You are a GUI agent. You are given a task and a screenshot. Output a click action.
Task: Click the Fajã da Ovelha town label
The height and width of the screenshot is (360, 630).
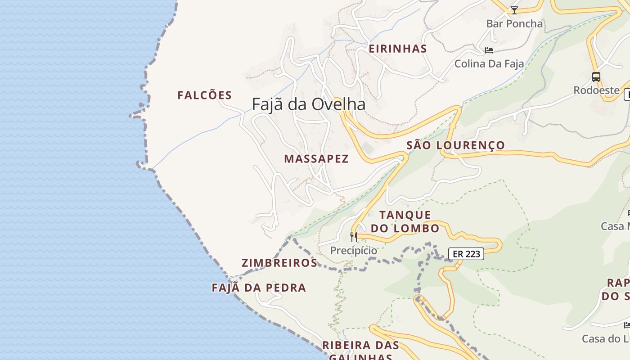[308, 104]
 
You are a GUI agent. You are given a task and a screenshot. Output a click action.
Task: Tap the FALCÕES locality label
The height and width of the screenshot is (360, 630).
[204, 95]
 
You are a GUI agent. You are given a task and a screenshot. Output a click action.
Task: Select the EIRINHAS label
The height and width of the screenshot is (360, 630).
[398, 49]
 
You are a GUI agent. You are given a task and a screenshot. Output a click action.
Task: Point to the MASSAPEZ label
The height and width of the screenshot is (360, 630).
[316, 159]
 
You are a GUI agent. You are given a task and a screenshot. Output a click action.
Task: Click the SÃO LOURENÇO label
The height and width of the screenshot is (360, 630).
[455, 145]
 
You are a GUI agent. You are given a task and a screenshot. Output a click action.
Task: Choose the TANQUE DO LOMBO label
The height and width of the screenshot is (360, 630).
[405, 221]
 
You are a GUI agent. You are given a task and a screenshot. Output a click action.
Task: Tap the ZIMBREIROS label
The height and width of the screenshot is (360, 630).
[279, 263]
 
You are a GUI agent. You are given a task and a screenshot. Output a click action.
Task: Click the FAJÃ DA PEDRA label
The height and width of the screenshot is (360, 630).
[259, 288]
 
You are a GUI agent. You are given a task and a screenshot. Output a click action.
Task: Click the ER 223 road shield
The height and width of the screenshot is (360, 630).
[466, 254]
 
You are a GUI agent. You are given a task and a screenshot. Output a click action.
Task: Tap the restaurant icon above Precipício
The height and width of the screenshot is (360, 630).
[354, 237]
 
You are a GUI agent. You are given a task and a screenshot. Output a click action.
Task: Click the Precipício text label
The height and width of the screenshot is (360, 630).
[354, 251]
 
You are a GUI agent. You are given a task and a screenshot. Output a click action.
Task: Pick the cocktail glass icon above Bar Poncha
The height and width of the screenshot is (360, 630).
[514, 10]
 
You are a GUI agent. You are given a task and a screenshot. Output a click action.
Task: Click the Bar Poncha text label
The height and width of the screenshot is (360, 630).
[514, 24]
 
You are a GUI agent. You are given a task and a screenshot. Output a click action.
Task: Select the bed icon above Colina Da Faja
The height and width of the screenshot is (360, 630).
[489, 50]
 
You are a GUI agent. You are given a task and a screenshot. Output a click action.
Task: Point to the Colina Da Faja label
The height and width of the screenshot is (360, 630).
[489, 64]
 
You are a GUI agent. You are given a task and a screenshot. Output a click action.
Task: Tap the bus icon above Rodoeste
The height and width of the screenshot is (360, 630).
[596, 77]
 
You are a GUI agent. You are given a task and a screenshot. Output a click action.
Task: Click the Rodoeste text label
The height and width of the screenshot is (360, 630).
[596, 90]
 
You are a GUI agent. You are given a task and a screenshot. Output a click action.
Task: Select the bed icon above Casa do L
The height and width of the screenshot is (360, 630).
[627, 325]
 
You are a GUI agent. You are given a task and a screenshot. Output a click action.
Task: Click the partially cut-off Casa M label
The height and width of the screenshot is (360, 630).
[616, 226]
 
